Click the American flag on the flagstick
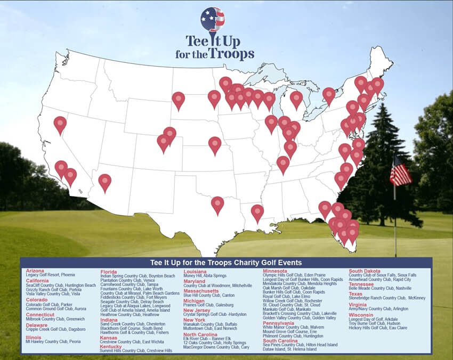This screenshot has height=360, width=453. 400,171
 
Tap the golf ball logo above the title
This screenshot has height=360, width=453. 213,20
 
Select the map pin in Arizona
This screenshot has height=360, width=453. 105,182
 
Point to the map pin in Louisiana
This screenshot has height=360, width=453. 257,212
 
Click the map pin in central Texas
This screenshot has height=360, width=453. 217,204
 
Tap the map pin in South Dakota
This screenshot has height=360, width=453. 178,99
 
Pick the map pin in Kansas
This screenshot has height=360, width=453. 215,144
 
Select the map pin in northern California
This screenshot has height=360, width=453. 60,124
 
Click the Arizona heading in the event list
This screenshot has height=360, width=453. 35,271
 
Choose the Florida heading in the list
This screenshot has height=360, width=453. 109,272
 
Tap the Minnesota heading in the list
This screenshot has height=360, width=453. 275,271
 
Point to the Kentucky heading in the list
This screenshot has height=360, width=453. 111,346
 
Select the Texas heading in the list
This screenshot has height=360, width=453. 355,293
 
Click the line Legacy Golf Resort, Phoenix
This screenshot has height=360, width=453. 50,275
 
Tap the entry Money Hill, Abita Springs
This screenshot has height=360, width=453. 205,276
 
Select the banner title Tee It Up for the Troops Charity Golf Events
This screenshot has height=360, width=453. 226,263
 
